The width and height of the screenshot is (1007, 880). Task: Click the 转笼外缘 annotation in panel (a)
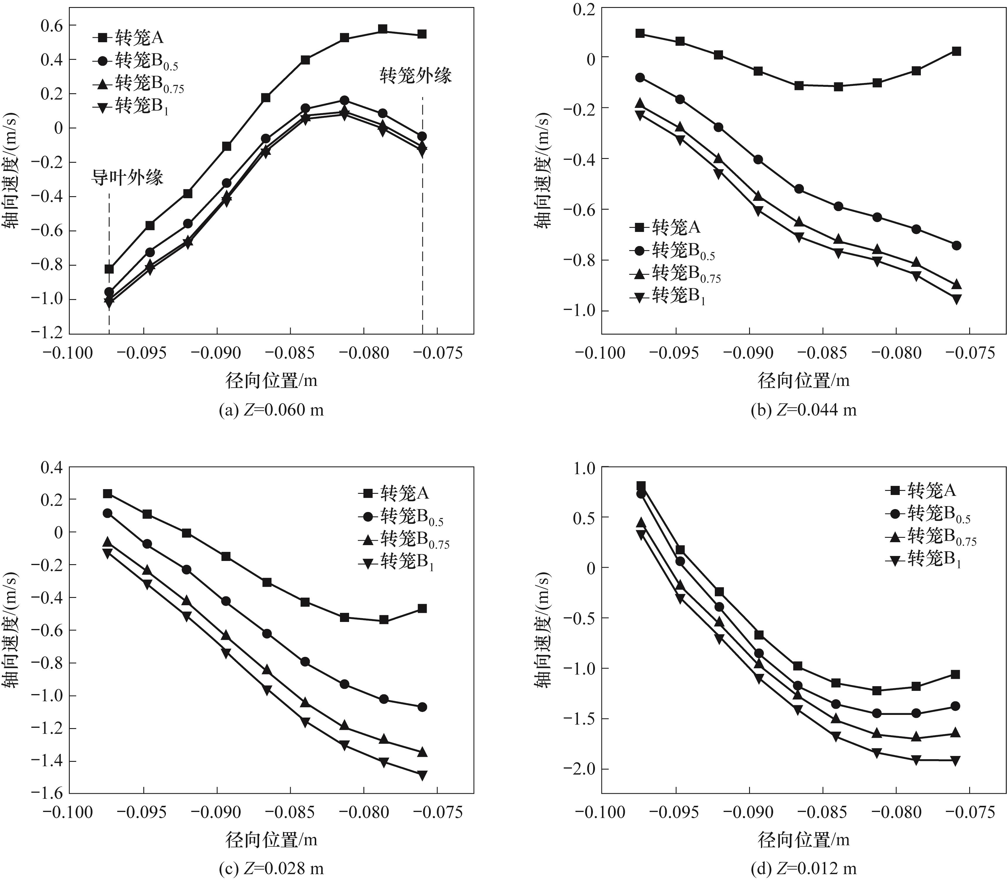coord(415,76)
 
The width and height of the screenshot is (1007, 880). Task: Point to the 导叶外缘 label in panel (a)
coord(127,177)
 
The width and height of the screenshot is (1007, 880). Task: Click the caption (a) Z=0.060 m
coord(271,410)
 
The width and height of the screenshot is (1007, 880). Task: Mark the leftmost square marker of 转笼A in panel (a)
coord(109,269)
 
